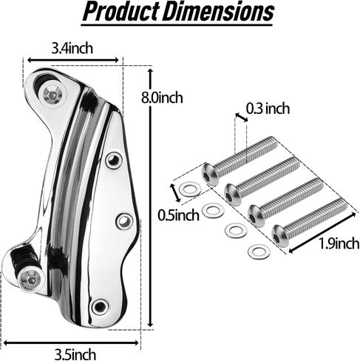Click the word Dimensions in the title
(218, 11)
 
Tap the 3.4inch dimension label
(72, 48)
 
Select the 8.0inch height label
(162, 98)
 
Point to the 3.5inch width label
(75, 354)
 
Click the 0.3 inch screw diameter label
(268, 109)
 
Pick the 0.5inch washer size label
(178, 215)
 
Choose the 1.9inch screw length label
(339, 243)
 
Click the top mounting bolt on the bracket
(53, 94)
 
